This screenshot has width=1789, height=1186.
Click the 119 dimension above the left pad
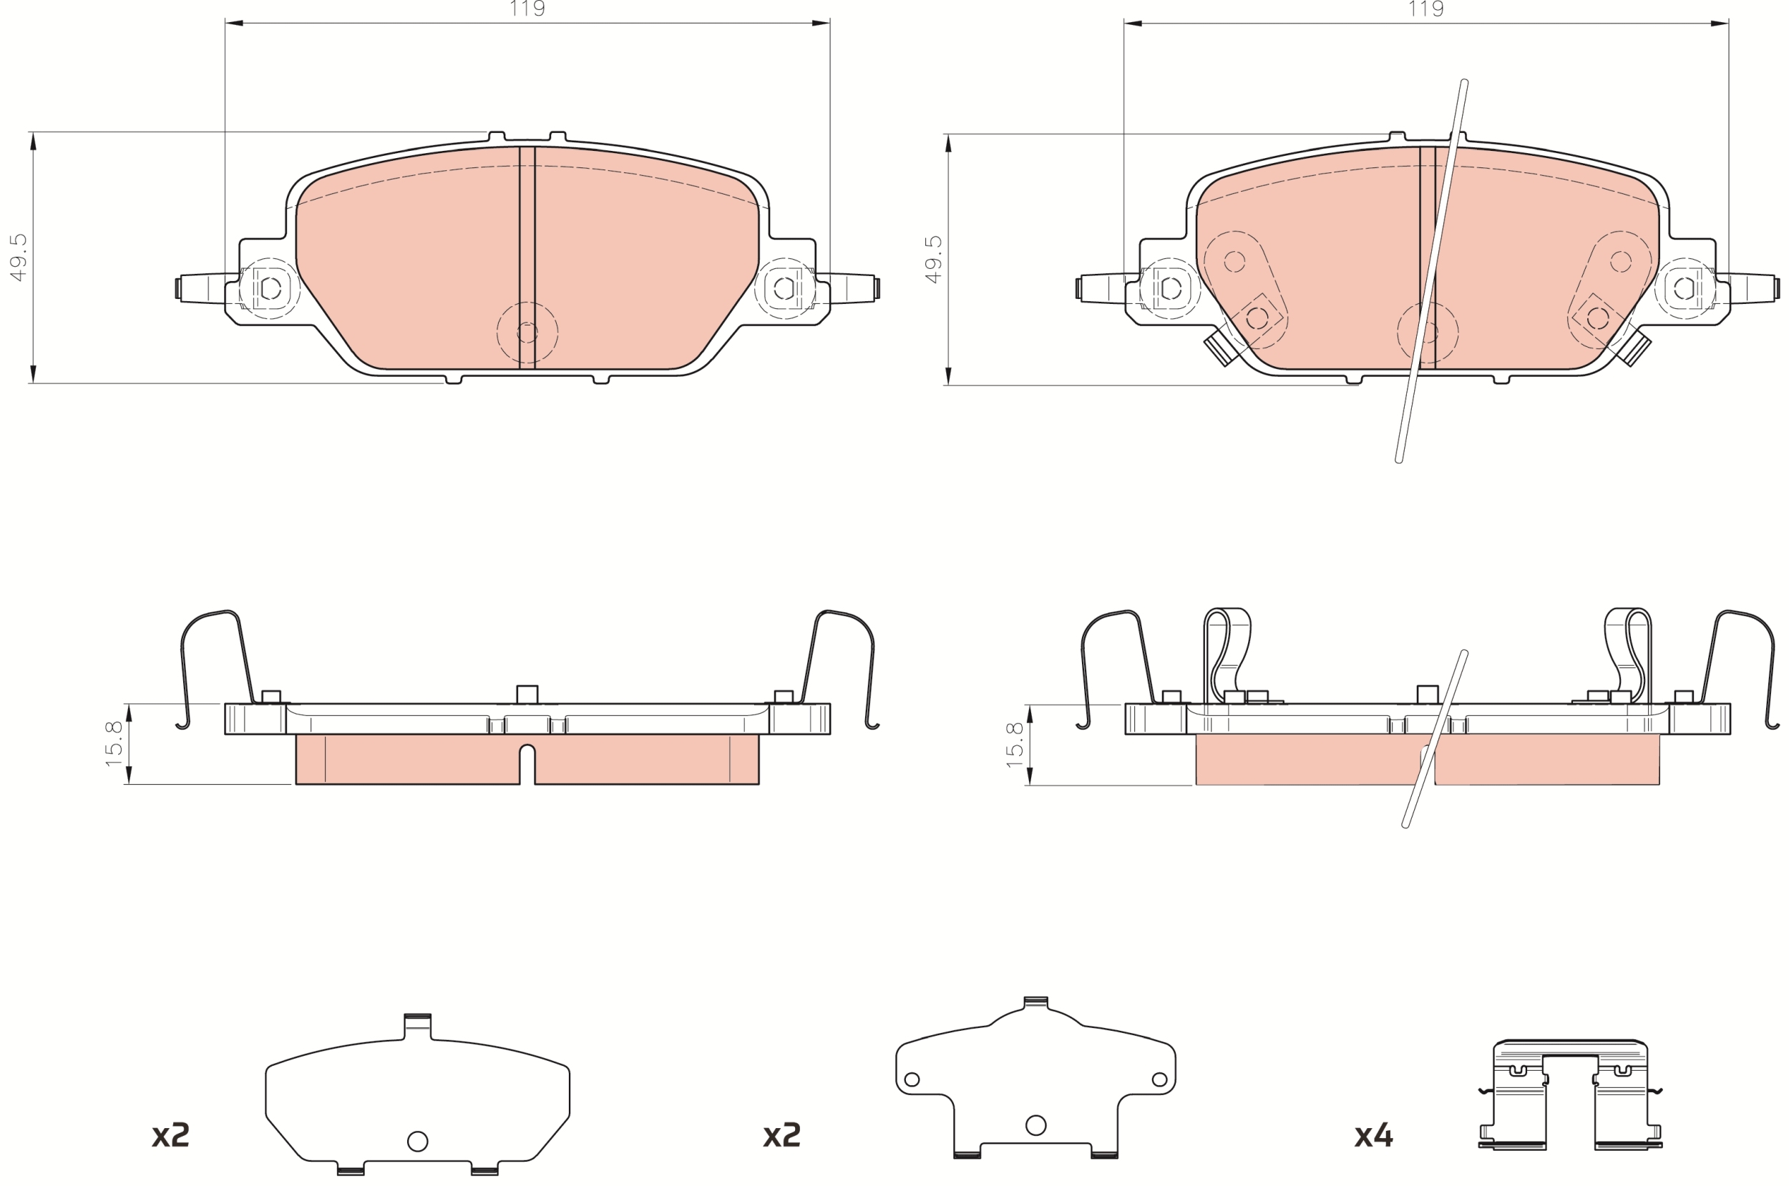point(527,9)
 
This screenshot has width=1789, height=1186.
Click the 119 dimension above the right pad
point(1426,9)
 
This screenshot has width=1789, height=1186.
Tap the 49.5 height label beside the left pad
point(18,258)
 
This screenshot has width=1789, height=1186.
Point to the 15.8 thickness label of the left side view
point(114,743)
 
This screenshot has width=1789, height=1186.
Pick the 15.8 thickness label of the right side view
point(1015,745)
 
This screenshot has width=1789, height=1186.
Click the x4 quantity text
point(1373,1135)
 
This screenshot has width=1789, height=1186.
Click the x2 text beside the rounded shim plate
point(170,1135)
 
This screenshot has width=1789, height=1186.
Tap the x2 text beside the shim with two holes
point(781,1135)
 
